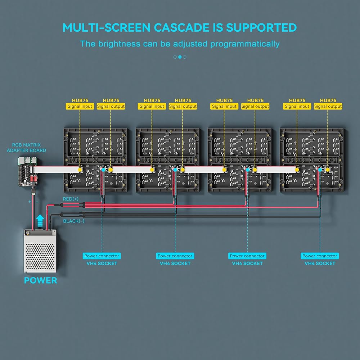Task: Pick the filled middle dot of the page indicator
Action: [x=180, y=57]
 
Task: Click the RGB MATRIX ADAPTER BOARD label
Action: [x=26, y=148]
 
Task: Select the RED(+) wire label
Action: [x=71, y=199]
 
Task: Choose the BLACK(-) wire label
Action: [x=74, y=221]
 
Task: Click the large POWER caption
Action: [x=40, y=280]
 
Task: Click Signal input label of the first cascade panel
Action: [x=80, y=107]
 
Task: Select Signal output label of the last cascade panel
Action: [x=328, y=107]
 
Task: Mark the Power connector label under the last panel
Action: [x=320, y=256]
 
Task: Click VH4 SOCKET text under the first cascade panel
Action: [x=102, y=264]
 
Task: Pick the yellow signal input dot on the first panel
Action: [x=80, y=168]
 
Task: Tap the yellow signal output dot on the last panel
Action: [x=328, y=168]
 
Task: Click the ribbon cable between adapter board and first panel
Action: [x=54, y=168]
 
